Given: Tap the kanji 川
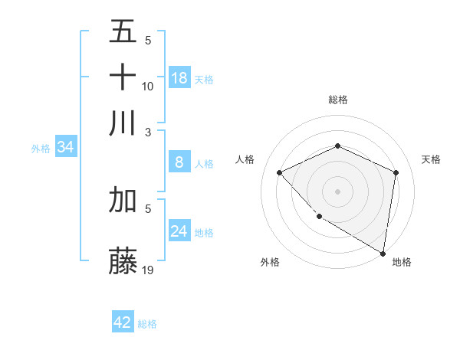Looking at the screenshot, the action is coord(123,123).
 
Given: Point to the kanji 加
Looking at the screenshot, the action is coord(123,200).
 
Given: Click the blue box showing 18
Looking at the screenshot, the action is coord(179,78).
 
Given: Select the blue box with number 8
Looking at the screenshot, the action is coord(179,162).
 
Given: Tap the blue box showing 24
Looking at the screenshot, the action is coord(179,231).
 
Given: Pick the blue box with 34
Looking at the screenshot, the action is coord(65,148).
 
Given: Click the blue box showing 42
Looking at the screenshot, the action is coord(123,322).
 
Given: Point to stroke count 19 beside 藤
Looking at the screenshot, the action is coord(149,269).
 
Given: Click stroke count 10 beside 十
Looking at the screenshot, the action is coord(148,86).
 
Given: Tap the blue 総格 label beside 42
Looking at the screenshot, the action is coord(147,324).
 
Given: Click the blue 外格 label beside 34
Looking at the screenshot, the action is coord(40,149).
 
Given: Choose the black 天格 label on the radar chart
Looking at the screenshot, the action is coord(431,159).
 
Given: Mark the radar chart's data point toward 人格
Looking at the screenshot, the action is coord(280,172).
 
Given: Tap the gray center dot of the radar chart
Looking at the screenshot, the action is coord(337,191).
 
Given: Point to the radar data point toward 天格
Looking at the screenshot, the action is coord(396,172).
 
